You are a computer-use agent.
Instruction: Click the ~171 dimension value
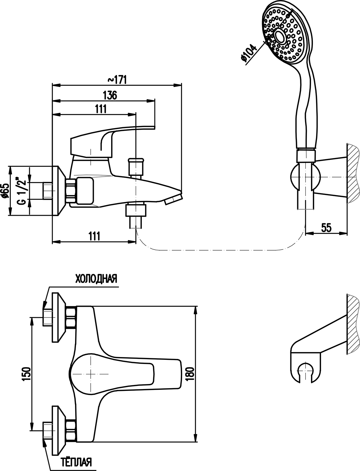click(x=117, y=80)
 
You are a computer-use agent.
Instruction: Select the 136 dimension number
click(x=110, y=95)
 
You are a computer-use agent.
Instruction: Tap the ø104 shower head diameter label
click(x=249, y=53)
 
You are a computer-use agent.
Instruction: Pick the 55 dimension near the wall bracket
click(x=326, y=228)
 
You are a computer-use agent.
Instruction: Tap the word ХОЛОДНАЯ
click(x=96, y=279)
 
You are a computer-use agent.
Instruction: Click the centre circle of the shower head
click(x=280, y=36)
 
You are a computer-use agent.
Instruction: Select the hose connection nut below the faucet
click(x=136, y=210)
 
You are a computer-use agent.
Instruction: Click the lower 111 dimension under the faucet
click(x=94, y=236)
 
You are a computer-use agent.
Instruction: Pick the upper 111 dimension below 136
click(x=101, y=109)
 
